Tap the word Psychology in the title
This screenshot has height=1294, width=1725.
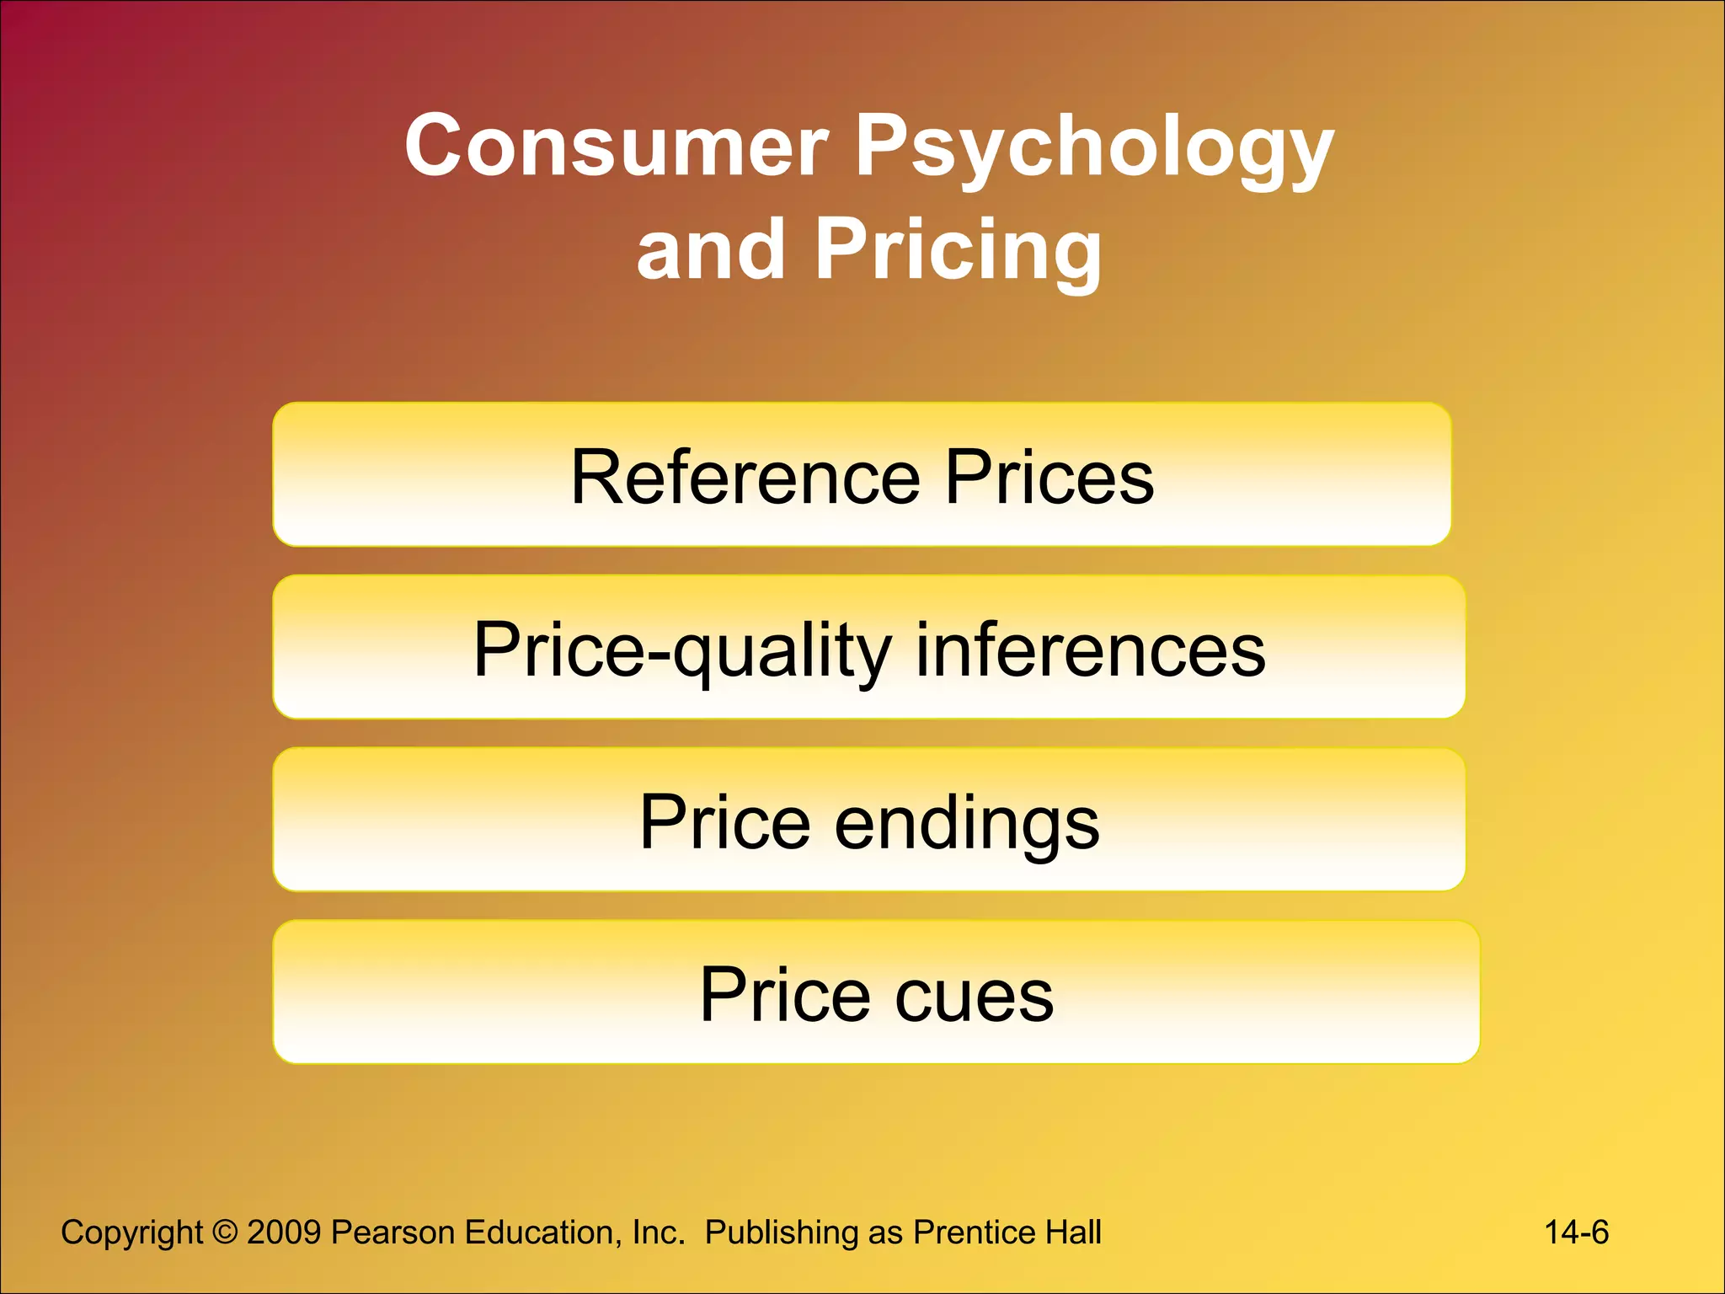pyautogui.click(x=1094, y=148)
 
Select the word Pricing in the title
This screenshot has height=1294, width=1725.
pyautogui.click(x=958, y=250)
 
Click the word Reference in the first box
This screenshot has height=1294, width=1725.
pyautogui.click(x=745, y=477)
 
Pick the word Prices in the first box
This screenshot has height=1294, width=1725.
pyautogui.click(x=1049, y=477)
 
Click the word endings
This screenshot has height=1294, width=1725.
pyautogui.click(x=967, y=823)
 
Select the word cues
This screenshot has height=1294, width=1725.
pyautogui.click(x=974, y=995)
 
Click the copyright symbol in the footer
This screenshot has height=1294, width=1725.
pyautogui.click(x=225, y=1233)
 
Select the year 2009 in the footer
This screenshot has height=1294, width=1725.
pyautogui.click(x=284, y=1233)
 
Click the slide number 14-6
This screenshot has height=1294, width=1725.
pyautogui.click(x=1576, y=1233)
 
